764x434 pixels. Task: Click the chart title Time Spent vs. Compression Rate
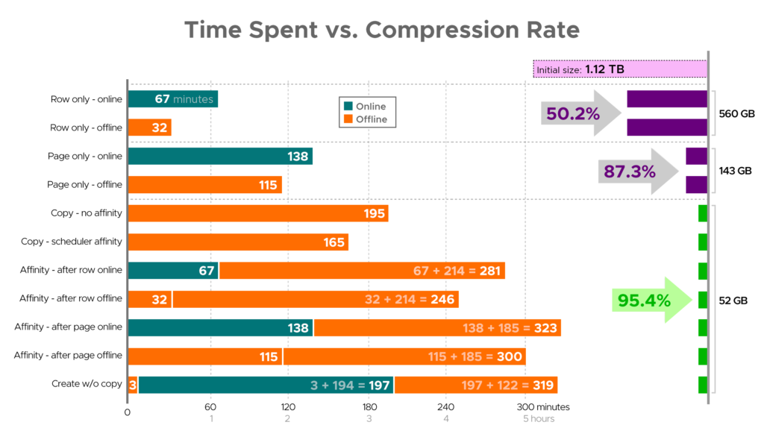coord(381,29)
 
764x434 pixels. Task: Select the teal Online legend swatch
coord(348,107)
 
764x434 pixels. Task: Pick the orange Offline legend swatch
coord(348,119)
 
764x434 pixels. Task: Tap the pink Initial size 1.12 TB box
coord(619,69)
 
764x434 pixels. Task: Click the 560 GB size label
coord(735,114)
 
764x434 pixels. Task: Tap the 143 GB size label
coord(735,171)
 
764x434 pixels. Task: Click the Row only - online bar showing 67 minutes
coord(172,99)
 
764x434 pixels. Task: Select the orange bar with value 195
coord(257,214)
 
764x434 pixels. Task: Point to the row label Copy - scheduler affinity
coord(72,242)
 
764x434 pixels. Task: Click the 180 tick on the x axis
coord(369,407)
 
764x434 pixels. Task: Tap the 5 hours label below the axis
coord(538,419)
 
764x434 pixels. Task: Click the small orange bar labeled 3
coord(132,385)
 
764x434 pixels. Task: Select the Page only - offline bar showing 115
coord(204,185)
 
